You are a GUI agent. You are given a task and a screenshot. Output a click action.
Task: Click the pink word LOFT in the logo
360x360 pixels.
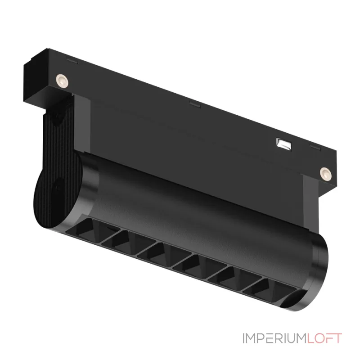tap(324, 338)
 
